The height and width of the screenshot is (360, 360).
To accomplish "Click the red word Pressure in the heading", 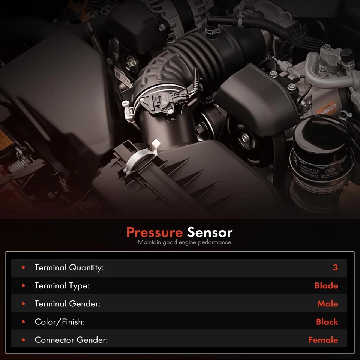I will point(154,232).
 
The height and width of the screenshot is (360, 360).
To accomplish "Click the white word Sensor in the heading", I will point(210,232).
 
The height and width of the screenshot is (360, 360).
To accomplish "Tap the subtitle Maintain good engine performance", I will point(184,242).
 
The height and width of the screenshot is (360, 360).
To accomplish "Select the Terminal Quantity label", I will point(69,268).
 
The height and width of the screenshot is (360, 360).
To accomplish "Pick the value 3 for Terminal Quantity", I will point(335,268).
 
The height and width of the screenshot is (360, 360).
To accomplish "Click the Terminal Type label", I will point(62,286).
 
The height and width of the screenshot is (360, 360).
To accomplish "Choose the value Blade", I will point(326,286).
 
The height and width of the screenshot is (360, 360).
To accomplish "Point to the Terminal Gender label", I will point(67,304).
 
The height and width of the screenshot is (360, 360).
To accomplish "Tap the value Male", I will point(327,304).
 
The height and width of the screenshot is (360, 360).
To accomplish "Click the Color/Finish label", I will point(60,322).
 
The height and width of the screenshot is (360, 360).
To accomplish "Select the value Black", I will point(327,322).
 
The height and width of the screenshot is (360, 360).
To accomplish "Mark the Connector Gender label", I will point(71,340).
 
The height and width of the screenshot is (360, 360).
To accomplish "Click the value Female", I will point(323,340).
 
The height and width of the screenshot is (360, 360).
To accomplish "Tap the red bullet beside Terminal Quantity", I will point(23,268).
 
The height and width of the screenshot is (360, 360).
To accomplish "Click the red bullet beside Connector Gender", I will point(23,340).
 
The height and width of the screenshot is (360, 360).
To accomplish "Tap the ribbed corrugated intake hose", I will point(195,56).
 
